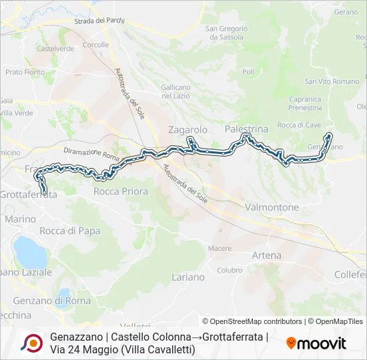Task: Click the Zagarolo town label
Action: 188,129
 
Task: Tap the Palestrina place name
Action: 246,128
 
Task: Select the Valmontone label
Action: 272,207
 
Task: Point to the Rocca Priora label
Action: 121,191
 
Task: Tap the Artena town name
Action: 266,255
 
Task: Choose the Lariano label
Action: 188,277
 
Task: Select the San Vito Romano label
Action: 332,81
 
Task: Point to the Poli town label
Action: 248,71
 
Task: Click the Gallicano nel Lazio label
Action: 176,92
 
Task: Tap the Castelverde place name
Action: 55,49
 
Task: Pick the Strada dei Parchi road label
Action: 99,21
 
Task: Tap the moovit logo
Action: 316,343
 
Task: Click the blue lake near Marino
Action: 27,250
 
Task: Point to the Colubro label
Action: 230,270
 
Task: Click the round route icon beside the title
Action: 32,343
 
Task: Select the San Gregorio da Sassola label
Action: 226,33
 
